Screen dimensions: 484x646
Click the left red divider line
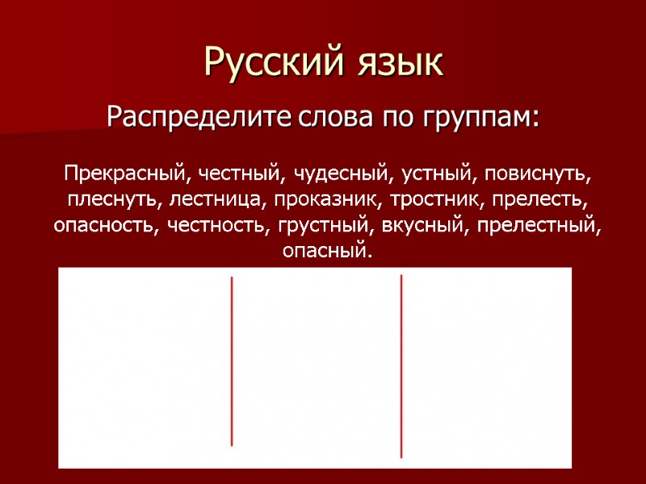pos(232,361)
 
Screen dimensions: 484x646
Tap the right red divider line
pos(401,361)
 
